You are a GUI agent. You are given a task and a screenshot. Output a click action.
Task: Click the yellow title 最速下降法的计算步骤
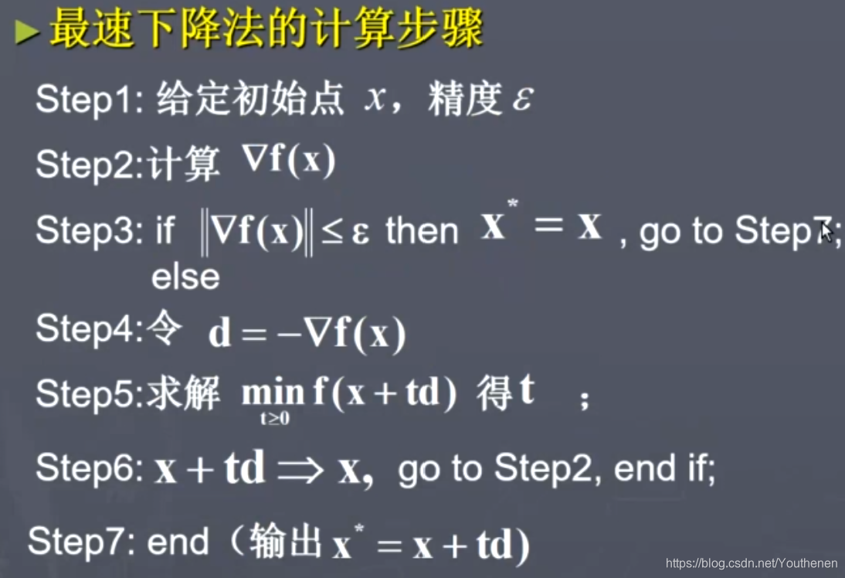click(266, 29)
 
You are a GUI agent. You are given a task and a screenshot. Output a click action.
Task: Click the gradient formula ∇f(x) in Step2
click(289, 160)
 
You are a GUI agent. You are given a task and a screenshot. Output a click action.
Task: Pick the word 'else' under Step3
click(185, 276)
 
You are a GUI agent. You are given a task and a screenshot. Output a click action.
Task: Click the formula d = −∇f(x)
click(307, 335)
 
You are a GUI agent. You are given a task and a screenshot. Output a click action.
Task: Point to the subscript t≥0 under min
click(274, 420)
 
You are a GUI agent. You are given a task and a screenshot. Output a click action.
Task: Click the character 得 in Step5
click(494, 393)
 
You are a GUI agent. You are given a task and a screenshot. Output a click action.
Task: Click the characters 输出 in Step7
click(285, 542)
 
